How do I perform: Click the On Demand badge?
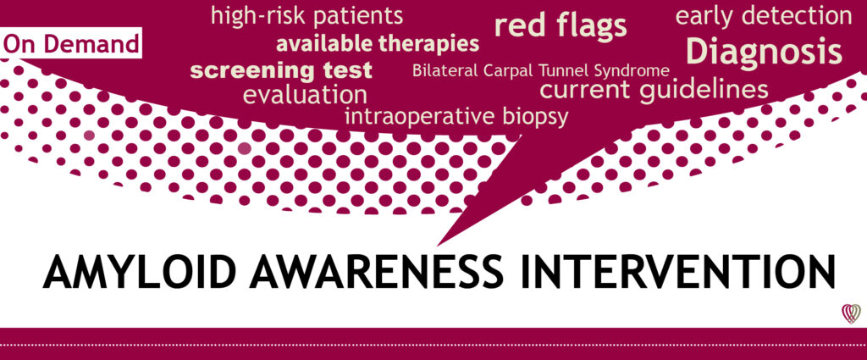click(71, 43)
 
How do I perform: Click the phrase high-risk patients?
click(306, 16)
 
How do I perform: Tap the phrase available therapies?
click(378, 44)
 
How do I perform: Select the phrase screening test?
click(281, 71)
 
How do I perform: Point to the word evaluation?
click(305, 95)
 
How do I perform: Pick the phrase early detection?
click(764, 16)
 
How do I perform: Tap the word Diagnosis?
click(765, 52)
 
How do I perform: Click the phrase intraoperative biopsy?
click(456, 117)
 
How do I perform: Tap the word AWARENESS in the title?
click(376, 272)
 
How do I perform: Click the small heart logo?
click(851, 313)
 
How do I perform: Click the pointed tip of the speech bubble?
click(438, 246)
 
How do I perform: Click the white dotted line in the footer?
click(433, 345)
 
